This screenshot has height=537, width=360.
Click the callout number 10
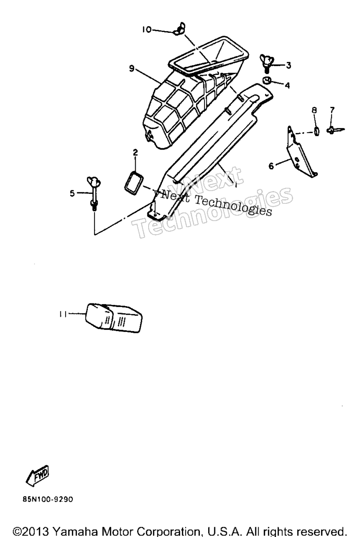click(x=147, y=30)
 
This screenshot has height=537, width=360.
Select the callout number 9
click(x=131, y=69)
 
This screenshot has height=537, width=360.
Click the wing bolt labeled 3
click(x=266, y=62)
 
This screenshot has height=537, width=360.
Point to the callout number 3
click(x=289, y=65)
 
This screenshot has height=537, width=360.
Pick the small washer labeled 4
click(x=266, y=81)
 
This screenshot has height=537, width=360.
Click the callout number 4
click(x=287, y=85)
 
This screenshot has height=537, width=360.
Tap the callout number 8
click(x=314, y=110)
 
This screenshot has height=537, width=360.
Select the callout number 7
click(x=332, y=110)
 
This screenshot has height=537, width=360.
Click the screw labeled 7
click(x=335, y=130)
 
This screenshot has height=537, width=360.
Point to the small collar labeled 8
click(x=316, y=131)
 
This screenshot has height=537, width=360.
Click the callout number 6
click(x=271, y=166)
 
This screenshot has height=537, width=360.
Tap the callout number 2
click(x=135, y=152)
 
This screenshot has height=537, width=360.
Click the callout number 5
click(x=72, y=193)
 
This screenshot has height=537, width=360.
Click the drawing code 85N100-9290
click(x=48, y=499)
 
